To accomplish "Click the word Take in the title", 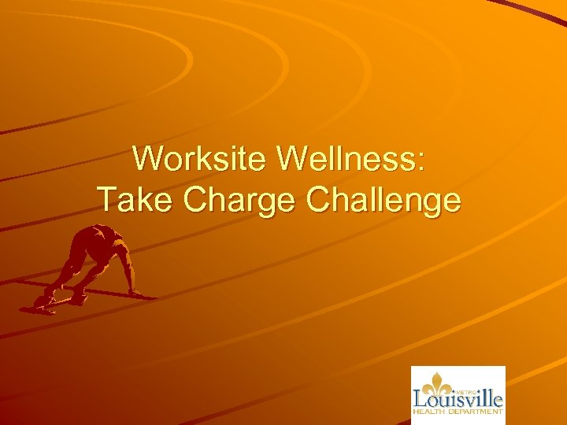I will [x=135, y=200].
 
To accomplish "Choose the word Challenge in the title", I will [x=384, y=201].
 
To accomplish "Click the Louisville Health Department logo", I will [x=458, y=395].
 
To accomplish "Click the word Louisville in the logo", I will [x=458, y=399].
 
